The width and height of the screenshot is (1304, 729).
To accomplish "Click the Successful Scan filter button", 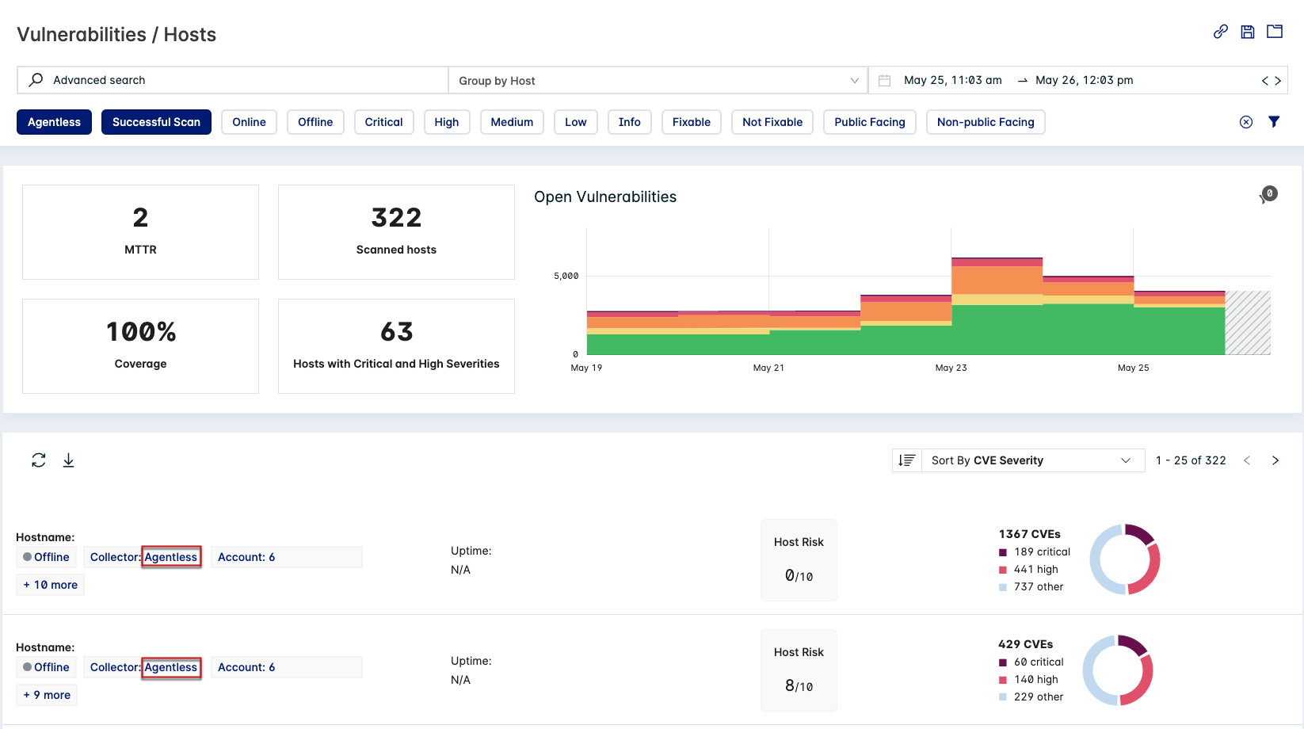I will click(156, 122).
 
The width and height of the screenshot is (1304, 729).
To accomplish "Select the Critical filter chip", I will click(383, 122).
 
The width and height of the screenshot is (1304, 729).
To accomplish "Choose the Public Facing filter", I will click(869, 122).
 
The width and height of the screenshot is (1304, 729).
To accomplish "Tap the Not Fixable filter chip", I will click(772, 122).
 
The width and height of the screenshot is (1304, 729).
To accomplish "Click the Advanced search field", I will click(238, 80).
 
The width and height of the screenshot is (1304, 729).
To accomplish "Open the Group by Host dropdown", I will click(658, 81).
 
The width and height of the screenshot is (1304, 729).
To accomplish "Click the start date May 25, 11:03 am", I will click(952, 80).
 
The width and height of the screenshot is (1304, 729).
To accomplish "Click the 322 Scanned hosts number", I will click(396, 218).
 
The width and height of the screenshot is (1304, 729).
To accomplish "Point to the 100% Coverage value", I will click(141, 332).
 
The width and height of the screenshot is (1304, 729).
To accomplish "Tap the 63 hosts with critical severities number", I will click(396, 332).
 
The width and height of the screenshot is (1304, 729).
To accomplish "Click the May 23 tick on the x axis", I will click(951, 368).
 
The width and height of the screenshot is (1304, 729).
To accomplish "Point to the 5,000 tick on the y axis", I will click(566, 276).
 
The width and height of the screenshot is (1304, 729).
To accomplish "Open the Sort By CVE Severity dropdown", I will click(1030, 460).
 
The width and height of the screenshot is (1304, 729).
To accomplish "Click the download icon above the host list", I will click(69, 460).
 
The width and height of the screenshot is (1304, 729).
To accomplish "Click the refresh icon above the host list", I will click(38, 460).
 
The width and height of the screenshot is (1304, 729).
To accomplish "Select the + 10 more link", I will click(51, 585).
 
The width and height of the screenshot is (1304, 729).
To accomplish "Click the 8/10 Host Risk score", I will click(799, 686).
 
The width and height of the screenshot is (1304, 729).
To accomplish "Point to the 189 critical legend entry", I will click(1041, 552).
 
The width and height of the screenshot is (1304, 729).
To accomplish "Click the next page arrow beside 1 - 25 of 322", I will click(1275, 460).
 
